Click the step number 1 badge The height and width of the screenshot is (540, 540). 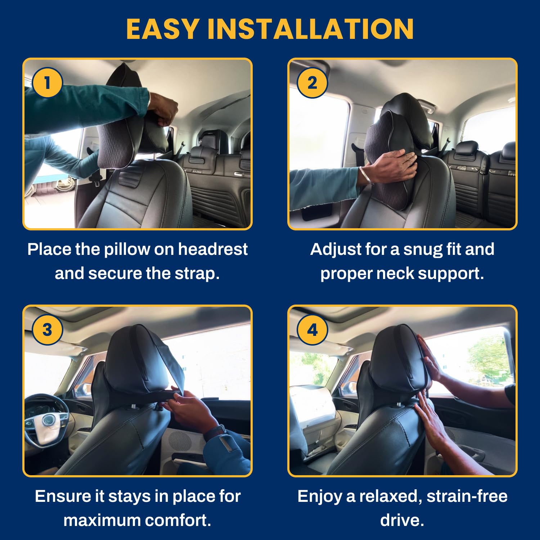(x=47, y=82)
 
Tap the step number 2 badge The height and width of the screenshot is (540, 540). (x=312, y=82)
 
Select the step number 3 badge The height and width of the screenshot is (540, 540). (x=47, y=330)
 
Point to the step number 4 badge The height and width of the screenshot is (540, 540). (x=312, y=330)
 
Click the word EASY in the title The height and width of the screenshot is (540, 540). (x=163, y=29)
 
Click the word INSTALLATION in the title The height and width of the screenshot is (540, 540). (x=311, y=29)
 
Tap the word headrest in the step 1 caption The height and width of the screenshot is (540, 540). (x=213, y=249)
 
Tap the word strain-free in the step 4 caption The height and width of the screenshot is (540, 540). (x=467, y=496)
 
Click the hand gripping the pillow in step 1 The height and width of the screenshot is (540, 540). (x=164, y=108)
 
